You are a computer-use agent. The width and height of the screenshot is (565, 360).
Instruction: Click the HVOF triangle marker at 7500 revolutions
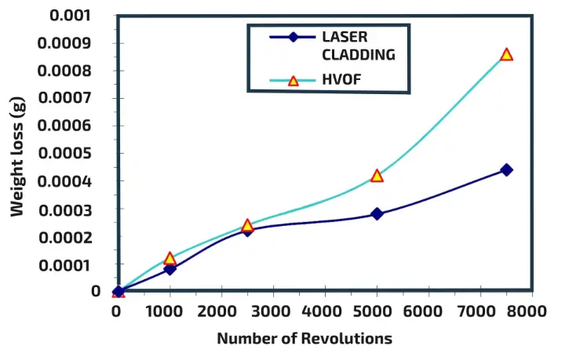tap(506, 55)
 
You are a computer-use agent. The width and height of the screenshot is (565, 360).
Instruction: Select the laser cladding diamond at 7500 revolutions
tap(506, 169)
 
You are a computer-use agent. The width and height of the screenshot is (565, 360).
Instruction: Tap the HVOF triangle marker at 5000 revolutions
tap(377, 176)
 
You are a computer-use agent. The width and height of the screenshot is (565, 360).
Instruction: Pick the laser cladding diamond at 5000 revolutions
tap(377, 213)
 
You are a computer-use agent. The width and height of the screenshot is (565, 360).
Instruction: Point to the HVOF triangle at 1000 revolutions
tap(169, 259)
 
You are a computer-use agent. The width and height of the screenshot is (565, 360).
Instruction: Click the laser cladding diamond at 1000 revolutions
tap(169, 269)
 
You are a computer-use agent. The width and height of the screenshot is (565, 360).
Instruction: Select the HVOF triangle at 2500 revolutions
tap(247, 226)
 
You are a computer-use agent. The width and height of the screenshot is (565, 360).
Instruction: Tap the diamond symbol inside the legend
tap(292, 37)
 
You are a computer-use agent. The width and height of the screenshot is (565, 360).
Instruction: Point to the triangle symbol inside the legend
tap(293, 80)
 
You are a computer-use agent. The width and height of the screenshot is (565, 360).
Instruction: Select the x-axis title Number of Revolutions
tap(304, 339)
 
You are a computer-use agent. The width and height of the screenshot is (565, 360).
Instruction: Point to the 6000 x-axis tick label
tap(427, 311)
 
